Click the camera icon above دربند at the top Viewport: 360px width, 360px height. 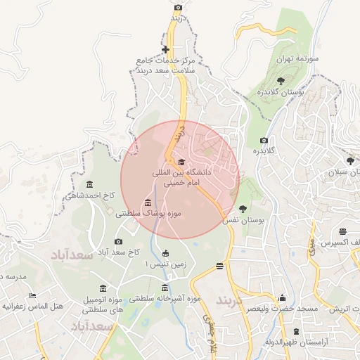click(178, 7)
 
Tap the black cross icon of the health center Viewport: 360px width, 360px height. click(165, 49)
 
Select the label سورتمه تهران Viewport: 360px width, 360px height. click(302, 59)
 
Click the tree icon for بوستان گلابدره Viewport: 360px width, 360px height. click(281, 80)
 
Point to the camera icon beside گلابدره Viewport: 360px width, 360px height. click(264, 140)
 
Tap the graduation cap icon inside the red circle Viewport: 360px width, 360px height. click(172, 162)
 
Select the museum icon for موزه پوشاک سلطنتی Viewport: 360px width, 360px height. click(147, 203)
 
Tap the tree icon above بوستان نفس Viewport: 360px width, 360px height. click(243, 209)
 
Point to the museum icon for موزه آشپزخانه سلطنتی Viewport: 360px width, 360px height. click(165, 288)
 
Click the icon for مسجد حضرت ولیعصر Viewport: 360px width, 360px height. click(283, 297)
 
